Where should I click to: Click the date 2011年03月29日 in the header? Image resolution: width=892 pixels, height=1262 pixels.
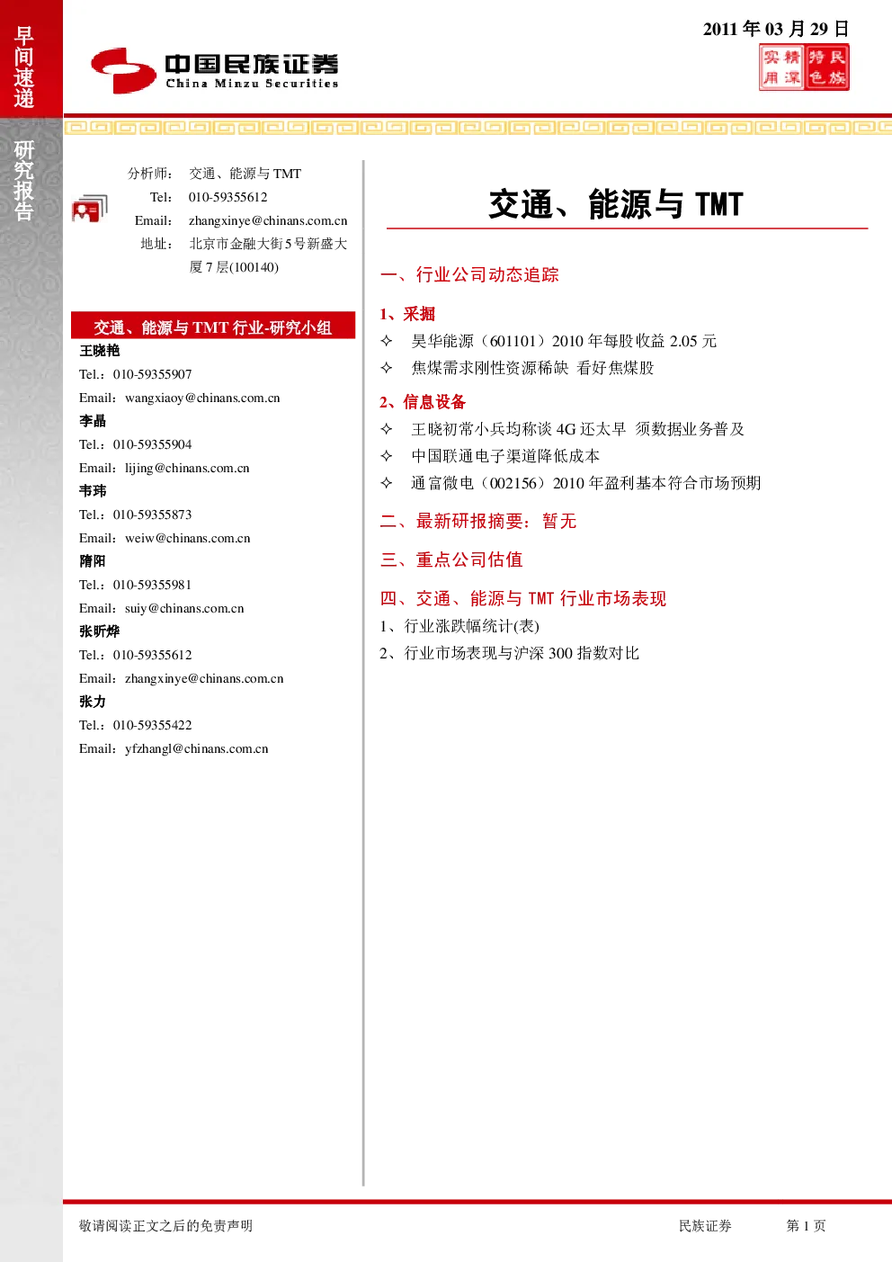(776, 29)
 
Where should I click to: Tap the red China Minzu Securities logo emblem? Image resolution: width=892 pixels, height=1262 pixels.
(123, 70)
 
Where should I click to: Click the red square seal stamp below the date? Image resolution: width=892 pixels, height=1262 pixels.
(804, 68)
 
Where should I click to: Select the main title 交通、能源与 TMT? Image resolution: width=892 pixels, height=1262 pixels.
(616, 204)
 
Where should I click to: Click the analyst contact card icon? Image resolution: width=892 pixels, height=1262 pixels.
(90, 209)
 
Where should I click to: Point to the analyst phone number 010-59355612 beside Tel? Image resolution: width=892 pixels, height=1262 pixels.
(228, 197)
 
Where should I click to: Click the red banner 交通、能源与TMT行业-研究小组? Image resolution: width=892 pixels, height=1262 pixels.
(213, 326)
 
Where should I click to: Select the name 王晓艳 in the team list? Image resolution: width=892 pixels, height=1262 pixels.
(100, 351)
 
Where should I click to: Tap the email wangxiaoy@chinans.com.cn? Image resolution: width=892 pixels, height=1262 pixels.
(202, 398)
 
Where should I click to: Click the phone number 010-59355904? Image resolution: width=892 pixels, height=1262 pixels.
(153, 444)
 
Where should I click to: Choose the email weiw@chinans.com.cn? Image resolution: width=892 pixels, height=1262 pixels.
(188, 538)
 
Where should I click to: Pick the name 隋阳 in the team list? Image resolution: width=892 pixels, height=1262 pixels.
(93, 561)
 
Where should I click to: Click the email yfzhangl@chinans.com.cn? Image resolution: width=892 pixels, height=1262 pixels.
(197, 748)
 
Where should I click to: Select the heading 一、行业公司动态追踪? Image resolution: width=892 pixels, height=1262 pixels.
(469, 274)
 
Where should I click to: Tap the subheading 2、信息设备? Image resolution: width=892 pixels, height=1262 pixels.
(423, 402)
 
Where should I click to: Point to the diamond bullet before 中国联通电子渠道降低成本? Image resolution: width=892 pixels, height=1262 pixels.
(387, 456)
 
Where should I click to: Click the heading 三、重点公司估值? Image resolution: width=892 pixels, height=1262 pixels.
(451, 559)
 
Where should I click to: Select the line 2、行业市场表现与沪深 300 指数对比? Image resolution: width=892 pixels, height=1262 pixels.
(509, 653)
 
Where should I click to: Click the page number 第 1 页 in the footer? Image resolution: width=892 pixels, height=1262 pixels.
(806, 1225)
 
